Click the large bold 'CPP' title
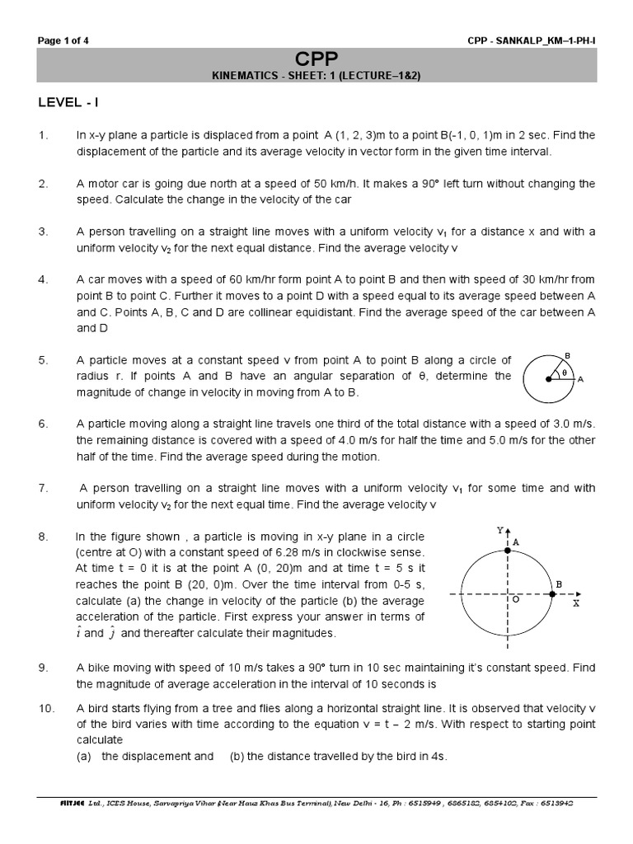point(316,57)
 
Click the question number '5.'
point(44,361)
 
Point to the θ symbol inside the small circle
point(565,372)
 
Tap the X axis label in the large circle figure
point(577,603)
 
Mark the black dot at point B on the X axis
point(551,593)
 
